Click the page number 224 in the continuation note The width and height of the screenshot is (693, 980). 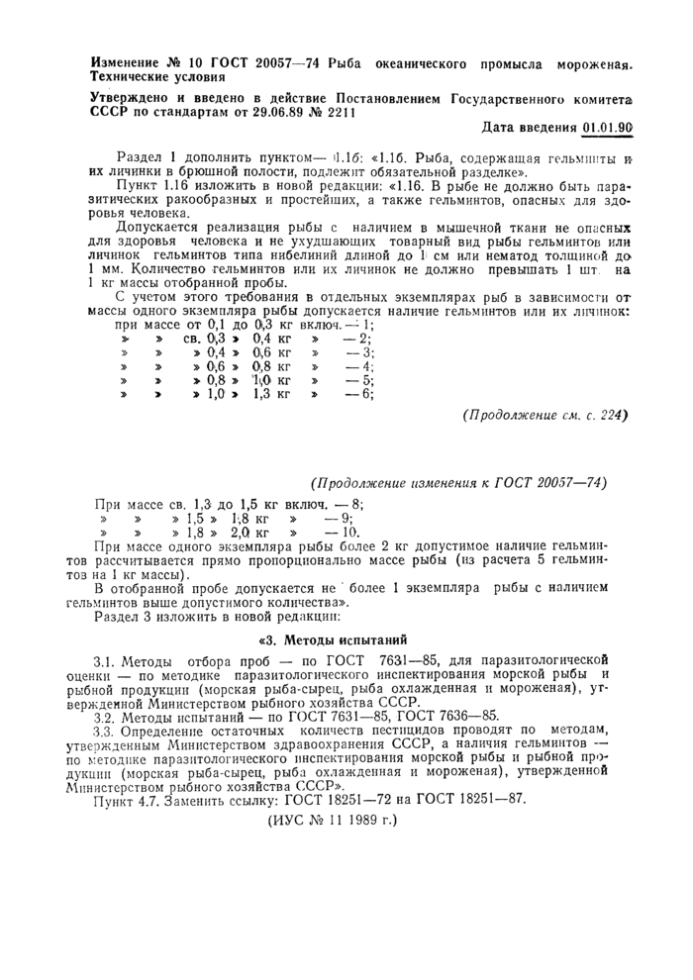pos(613,415)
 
